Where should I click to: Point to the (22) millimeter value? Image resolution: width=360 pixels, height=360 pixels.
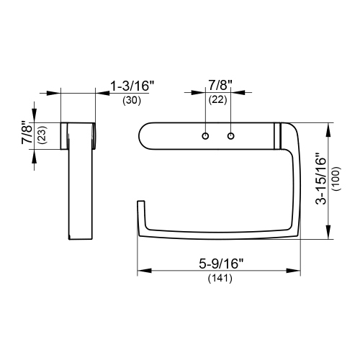coord(217,101)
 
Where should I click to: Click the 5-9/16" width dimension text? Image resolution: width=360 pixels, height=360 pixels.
coord(218,264)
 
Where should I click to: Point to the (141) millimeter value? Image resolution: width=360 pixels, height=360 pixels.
coord(219,278)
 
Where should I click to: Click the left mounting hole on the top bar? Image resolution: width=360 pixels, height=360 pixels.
coord(206,135)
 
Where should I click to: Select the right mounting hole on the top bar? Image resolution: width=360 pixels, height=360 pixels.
coord(231,135)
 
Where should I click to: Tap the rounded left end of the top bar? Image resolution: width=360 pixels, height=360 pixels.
coord(143,135)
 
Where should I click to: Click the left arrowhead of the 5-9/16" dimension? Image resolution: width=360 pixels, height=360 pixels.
coord(142,271)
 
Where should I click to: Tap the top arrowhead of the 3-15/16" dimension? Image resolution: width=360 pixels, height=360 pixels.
coord(330,127)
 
